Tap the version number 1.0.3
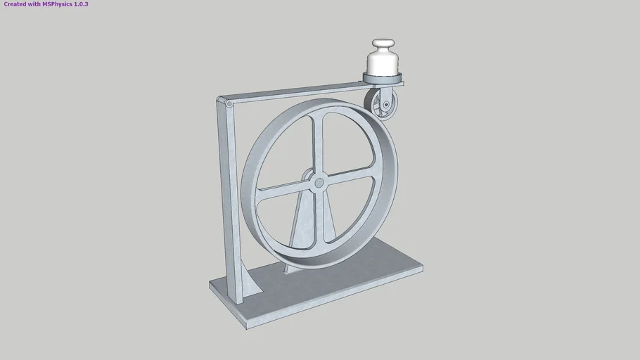[80, 4]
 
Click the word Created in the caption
[14, 4]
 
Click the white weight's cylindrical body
[383, 63]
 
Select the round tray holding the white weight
[384, 76]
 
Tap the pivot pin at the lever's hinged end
[229, 104]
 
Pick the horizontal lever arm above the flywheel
[295, 94]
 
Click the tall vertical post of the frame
[229, 197]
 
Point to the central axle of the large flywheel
[319, 183]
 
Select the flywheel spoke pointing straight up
[322, 141]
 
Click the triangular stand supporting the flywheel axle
[303, 225]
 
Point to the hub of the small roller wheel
[385, 106]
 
